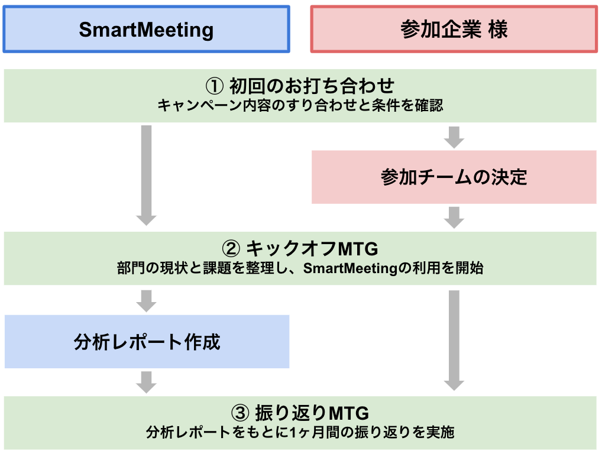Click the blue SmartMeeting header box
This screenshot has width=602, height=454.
point(146,30)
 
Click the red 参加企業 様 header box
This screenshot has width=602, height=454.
point(454,30)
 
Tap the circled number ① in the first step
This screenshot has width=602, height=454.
point(213,86)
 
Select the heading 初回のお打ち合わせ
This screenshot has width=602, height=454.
point(312,86)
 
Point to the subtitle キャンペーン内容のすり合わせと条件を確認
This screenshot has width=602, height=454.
point(300,106)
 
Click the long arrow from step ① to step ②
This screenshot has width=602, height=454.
point(146,174)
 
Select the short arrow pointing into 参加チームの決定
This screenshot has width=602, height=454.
point(454,137)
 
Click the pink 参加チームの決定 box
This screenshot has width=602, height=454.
point(454,177)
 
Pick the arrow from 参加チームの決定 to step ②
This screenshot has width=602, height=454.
point(454,217)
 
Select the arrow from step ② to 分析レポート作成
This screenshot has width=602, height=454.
point(146,300)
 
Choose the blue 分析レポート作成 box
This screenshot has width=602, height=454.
point(147,342)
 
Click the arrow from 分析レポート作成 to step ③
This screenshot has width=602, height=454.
point(146,381)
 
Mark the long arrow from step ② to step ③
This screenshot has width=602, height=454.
point(454,340)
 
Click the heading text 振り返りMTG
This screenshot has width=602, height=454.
point(312,412)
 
